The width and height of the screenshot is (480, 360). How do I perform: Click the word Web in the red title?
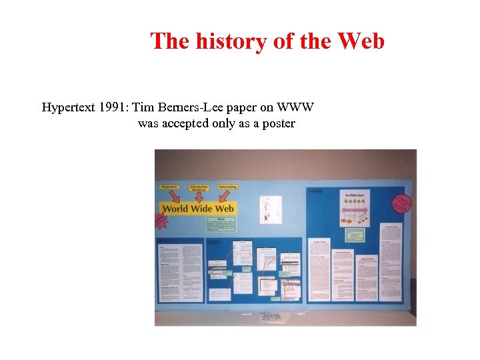tap(361, 41)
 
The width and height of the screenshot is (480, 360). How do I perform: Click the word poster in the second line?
tap(277, 123)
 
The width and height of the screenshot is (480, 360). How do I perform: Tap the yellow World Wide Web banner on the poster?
tap(199, 209)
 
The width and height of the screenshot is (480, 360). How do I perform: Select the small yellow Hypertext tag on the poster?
tap(169, 187)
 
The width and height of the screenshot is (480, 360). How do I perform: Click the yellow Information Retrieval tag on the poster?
tap(199, 189)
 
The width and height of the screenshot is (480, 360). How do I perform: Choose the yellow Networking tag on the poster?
tap(227, 187)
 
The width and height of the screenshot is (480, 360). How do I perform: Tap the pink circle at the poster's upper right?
tap(402, 204)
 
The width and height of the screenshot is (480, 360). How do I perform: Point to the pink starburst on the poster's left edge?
tap(160, 220)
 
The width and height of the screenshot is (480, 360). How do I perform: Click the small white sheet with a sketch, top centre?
tap(271, 209)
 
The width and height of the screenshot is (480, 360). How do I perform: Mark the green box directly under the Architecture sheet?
tap(355, 234)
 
